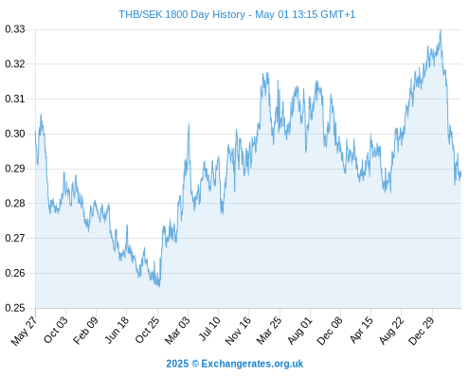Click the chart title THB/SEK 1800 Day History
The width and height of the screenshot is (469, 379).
tap(182, 14)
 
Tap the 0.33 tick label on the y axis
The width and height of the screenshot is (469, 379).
tap(15, 29)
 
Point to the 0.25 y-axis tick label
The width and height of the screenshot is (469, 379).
tap(15, 308)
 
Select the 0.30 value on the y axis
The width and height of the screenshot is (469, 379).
tap(15, 134)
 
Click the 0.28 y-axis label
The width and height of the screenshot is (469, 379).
tap(15, 204)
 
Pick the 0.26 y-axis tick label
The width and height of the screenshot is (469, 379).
tap(15, 273)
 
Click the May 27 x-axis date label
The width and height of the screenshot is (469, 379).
tap(25, 331)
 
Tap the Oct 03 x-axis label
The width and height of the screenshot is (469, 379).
tap(56, 330)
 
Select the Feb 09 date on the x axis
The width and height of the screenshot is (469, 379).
tap(85, 330)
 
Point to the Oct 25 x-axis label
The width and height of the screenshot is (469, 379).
tap(147, 330)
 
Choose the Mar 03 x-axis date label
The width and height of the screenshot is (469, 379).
tap(177, 330)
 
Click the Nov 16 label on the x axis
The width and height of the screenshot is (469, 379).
tap(238, 331)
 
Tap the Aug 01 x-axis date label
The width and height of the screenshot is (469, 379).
tap(300, 330)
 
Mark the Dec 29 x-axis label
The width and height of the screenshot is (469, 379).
tap(422, 331)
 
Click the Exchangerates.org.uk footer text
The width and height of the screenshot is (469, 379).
tap(252, 364)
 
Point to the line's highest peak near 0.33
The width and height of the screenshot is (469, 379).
tap(441, 30)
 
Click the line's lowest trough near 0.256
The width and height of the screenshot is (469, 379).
tap(159, 286)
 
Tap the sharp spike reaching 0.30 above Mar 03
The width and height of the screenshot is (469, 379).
tap(189, 124)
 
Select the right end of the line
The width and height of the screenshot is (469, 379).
tap(461, 171)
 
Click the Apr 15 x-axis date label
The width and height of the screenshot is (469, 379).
tap(362, 330)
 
